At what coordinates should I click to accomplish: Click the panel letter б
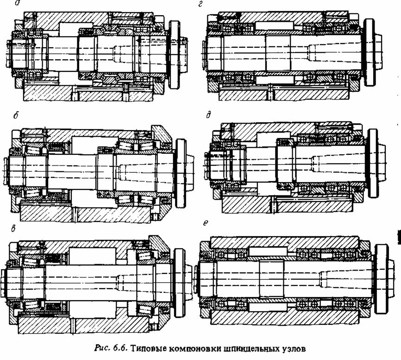coord(16,116)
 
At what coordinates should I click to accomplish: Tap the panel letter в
coord(13,229)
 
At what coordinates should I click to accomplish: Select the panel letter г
coord(200,4)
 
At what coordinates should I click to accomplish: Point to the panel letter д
coord(208,115)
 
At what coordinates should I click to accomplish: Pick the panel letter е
coord(205,223)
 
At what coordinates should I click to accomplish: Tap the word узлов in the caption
coord(293,348)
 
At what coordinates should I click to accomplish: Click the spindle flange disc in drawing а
coord(174,55)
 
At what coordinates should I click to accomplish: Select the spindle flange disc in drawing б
coord(181,173)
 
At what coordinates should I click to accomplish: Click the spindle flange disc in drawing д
coord(373,163)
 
